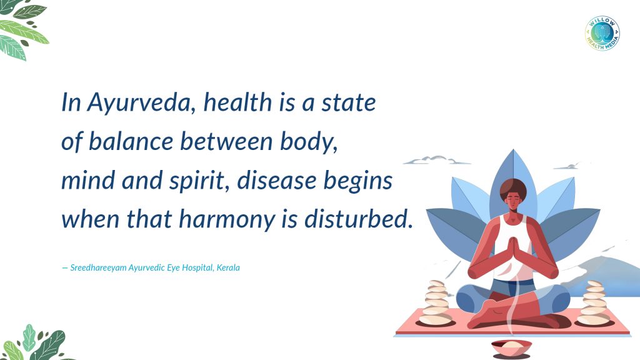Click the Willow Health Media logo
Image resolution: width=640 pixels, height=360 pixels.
click(602, 34)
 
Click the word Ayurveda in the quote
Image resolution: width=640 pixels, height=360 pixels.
click(138, 103)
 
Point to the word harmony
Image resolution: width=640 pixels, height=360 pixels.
click(227, 220)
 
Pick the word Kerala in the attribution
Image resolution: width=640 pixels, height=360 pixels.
click(228, 267)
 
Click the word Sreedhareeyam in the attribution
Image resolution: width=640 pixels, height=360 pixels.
click(98, 268)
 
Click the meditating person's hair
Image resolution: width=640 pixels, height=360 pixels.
click(513, 188)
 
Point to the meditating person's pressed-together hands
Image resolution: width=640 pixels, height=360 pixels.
click(512, 252)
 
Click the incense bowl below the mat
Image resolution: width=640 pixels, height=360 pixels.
click(511, 348)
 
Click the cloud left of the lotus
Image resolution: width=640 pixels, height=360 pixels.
click(436, 160)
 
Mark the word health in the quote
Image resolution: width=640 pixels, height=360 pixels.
click(237, 102)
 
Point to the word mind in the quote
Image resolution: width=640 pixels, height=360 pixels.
click(87, 181)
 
